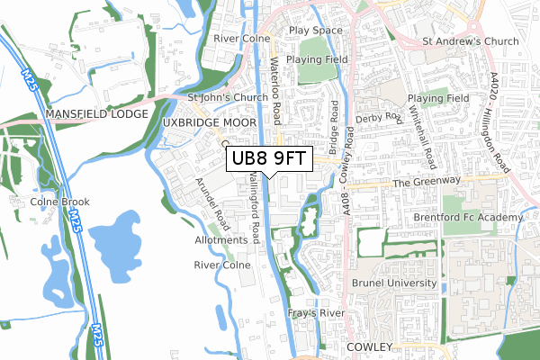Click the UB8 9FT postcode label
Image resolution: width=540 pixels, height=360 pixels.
pyautogui.click(x=269, y=159)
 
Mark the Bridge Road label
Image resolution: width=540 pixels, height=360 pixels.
pyautogui.click(x=334, y=125)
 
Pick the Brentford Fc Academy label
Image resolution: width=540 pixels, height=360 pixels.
pyautogui.click(x=468, y=219)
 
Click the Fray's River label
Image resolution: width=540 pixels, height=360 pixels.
pyautogui.click(x=310, y=313)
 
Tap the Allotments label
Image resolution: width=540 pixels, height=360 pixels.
pyautogui.click(x=220, y=240)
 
